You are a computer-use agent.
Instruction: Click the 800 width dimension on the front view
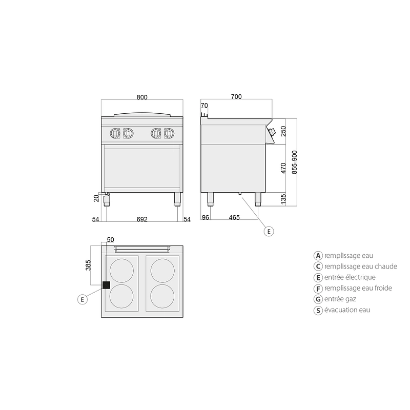[142, 97]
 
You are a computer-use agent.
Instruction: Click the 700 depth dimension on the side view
[236, 97]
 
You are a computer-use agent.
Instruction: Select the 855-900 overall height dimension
[294, 162]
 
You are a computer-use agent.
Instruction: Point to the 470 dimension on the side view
[283, 168]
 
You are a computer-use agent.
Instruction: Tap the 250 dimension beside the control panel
[283, 131]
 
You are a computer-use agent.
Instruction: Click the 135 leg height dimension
[283, 199]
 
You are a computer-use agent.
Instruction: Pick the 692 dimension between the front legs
[142, 219]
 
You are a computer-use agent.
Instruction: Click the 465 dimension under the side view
[234, 217]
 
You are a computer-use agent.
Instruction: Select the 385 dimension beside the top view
[88, 265]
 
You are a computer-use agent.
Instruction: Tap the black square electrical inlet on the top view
[106, 285]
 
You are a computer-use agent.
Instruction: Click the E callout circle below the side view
[269, 232]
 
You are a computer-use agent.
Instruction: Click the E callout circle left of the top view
[83, 299]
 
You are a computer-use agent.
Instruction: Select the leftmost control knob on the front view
[114, 134]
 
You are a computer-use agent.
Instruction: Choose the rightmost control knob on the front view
[169, 134]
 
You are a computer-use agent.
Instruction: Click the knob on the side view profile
[272, 132]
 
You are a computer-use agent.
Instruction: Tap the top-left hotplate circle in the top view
[121, 271]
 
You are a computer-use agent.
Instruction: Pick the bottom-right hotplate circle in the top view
[162, 296]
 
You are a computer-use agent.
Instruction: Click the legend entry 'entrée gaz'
[340, 299]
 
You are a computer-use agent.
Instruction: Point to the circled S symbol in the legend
[318, 311]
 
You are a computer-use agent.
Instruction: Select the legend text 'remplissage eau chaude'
[361, 266]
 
